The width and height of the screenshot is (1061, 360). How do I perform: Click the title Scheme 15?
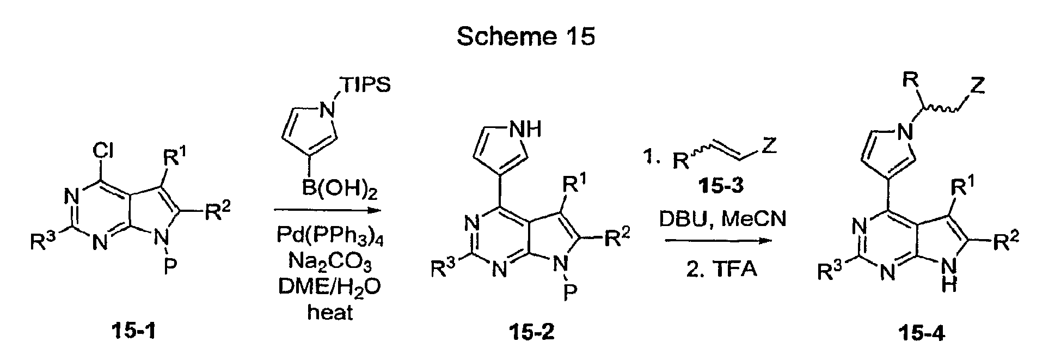tap(525, 36)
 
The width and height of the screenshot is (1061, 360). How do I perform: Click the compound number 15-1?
tap(133, 331)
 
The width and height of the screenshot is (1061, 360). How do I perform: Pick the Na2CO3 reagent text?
tap(330, 265)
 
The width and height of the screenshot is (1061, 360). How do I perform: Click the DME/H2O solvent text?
tap(330, 289)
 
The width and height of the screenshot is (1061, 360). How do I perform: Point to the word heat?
tap(330, 312)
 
